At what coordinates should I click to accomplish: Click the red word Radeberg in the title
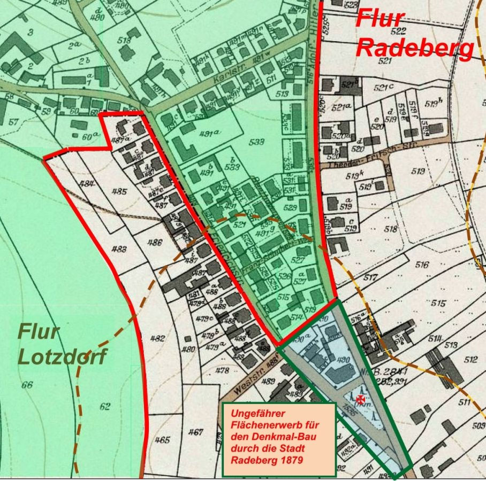point(415,48)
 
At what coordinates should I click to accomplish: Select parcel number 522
point(399,31)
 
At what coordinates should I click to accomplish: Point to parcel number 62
point(105,407)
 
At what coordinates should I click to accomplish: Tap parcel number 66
point(27,385)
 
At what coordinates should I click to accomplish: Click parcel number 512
point(470,360)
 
